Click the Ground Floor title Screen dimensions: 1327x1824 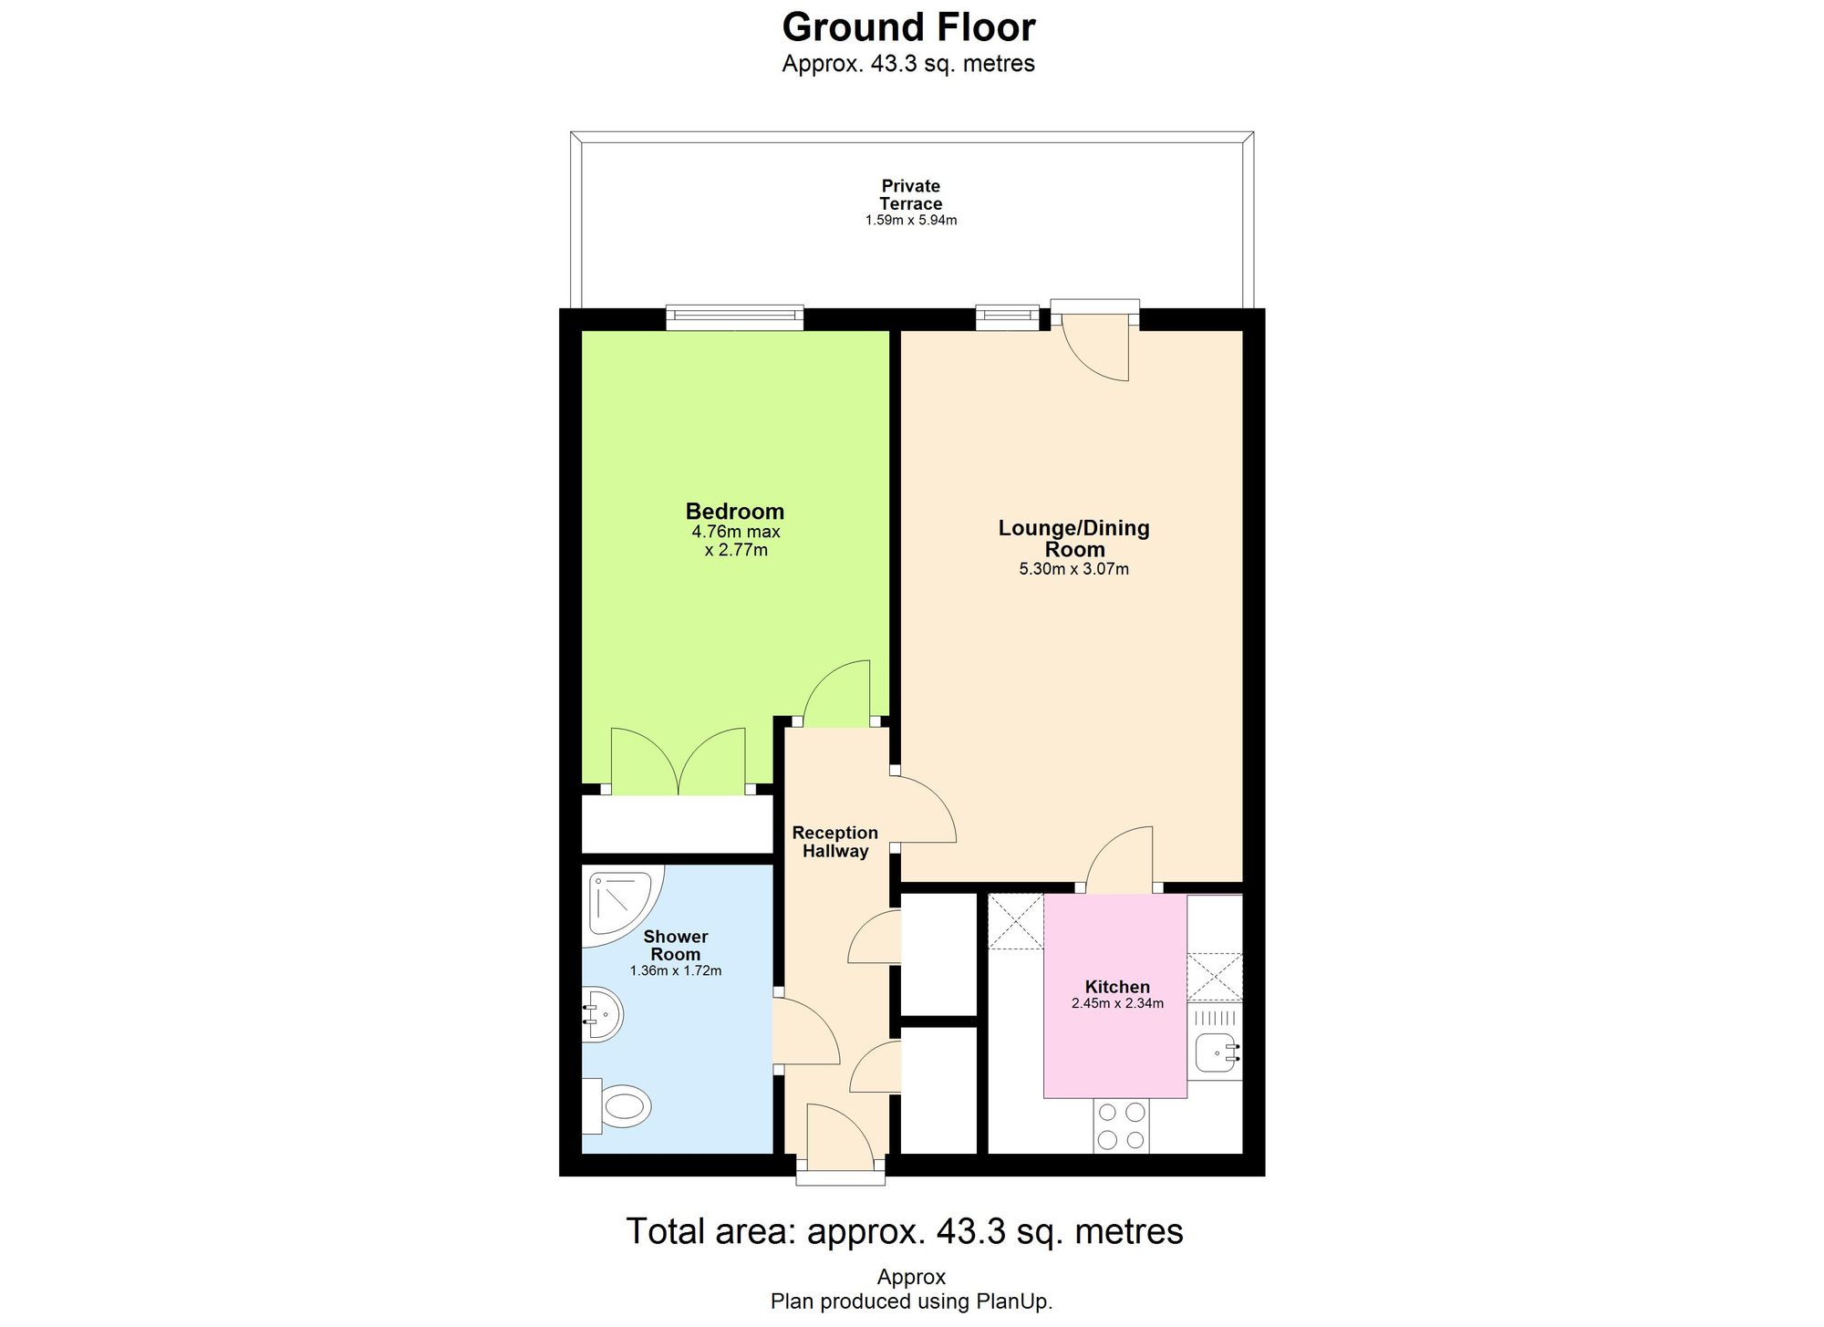[x=908, y=27]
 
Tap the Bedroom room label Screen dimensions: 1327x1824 [x=734, y=512]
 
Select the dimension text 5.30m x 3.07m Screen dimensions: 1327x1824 [x=1073, y=570]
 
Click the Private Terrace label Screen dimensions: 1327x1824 [x=910, y=195]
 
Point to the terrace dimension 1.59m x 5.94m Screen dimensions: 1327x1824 [x=910, y=221]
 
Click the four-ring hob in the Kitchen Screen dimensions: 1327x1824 [x=1122, y=1125]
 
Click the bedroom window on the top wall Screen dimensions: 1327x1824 [x=734, y=318]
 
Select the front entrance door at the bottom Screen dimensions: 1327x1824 [x=840, y=1140]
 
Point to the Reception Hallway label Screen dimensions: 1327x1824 [x=834, y=842]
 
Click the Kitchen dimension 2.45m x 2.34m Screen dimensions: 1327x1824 [x=1117, y=1004]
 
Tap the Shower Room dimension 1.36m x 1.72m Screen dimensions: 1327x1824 [x=675, y=971]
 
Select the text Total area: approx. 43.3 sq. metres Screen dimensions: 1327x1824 [x=904, y=1231]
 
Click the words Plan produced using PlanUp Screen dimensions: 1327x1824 [x=911, y=1301]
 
